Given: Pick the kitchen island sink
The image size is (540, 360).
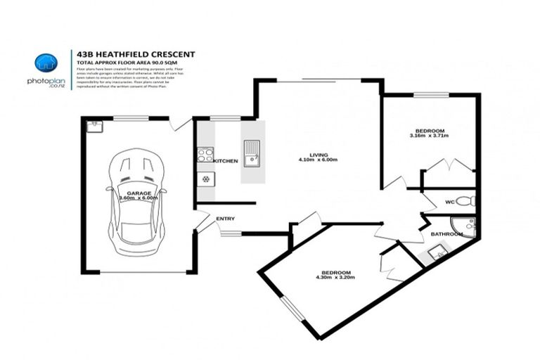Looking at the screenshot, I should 251,150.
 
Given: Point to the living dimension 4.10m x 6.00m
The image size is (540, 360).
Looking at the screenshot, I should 319,160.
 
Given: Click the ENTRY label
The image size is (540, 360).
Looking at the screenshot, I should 225,219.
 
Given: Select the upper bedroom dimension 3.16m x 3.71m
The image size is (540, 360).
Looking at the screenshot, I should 429,136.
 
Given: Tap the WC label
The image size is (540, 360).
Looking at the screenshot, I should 449,202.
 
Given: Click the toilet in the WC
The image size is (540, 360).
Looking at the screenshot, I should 471,201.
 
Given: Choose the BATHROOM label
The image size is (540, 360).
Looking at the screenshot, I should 445,233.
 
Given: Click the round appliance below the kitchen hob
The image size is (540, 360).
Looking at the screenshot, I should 205,179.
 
